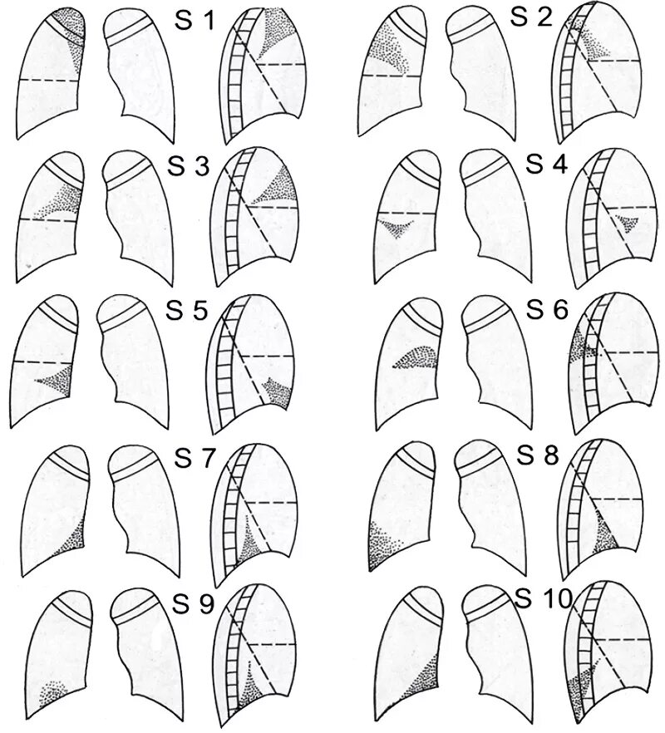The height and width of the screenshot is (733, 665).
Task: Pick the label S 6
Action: point(547,311)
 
